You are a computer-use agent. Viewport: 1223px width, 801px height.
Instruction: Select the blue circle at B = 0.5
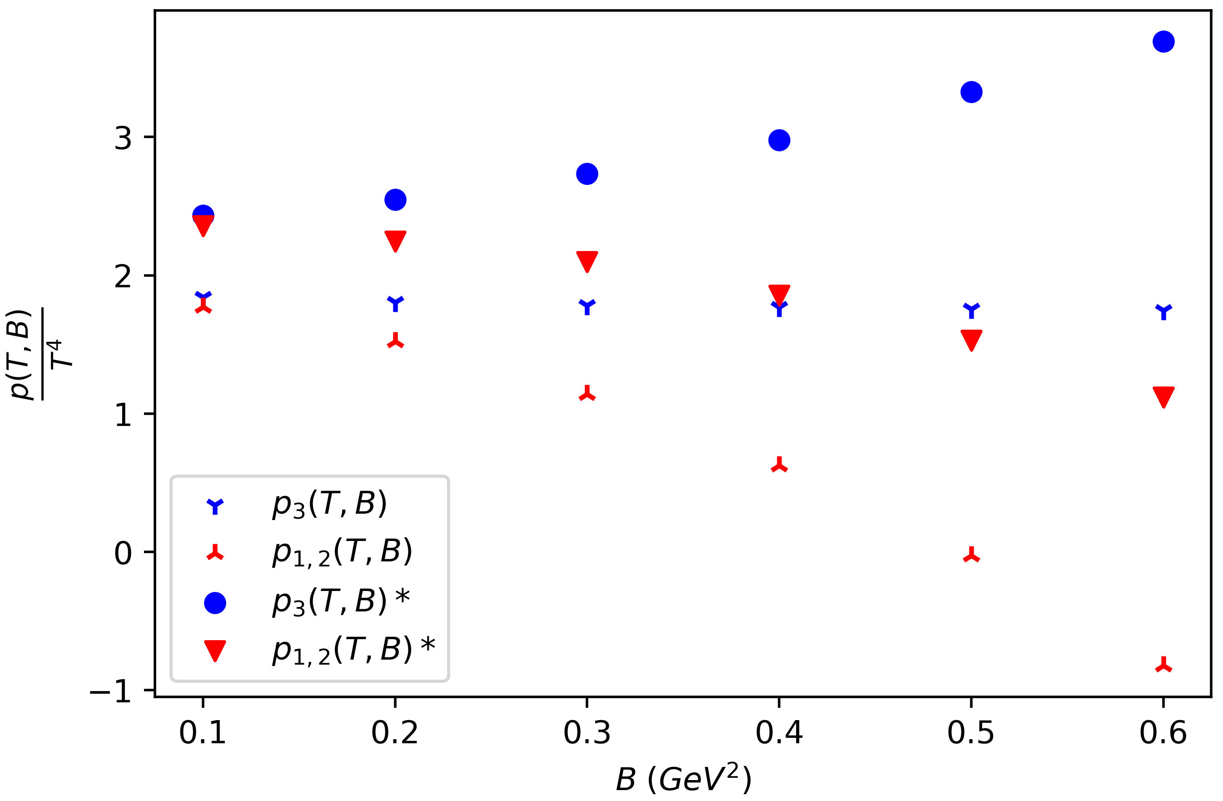tap(971, 92)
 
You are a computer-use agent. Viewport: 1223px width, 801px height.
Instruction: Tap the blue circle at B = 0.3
tap(587, 174)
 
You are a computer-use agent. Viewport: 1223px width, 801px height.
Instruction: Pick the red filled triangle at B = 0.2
tap(395, 240)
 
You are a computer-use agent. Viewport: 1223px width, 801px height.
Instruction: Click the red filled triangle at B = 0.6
tap(1164, 396)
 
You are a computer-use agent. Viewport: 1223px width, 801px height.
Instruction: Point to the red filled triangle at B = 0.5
tap(971, 339)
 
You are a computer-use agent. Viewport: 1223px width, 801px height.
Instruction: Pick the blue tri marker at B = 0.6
tap(1164, 310)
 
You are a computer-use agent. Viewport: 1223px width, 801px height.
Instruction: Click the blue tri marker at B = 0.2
tap(395, 302)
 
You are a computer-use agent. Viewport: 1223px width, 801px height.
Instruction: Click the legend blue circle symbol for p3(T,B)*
tap(215, 602)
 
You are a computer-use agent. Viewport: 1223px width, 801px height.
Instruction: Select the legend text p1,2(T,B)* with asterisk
tap(353, 651)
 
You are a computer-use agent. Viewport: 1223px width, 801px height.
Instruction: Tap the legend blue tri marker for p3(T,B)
tap(215, 506)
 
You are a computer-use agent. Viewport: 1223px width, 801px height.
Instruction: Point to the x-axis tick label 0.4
tap(779, 733)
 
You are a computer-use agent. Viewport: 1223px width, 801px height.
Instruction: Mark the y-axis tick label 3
tap(123, 137)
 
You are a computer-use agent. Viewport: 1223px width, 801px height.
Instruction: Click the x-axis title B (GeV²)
tap(683, 779)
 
